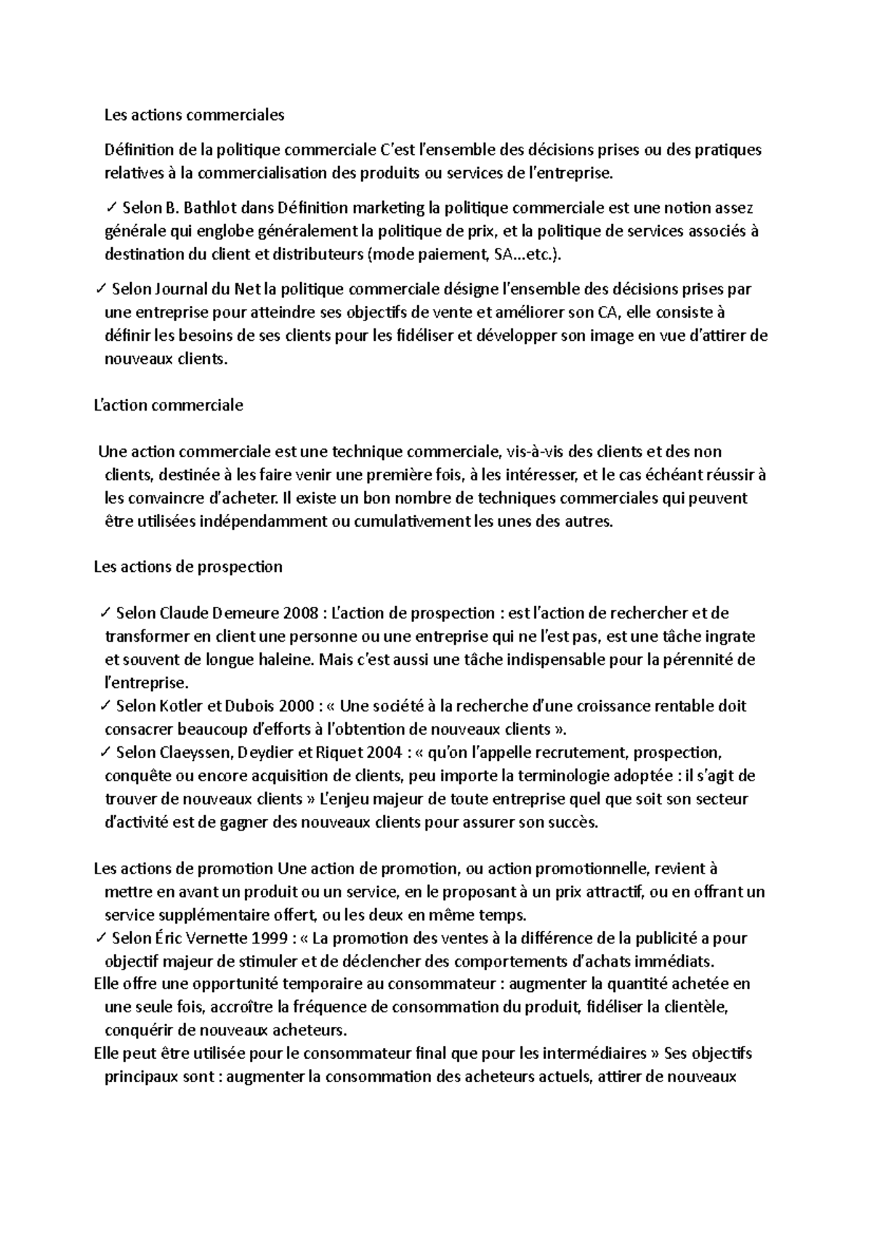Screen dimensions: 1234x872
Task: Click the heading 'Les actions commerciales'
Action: pos(195,115)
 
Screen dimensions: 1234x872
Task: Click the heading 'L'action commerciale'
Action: pos(169,406)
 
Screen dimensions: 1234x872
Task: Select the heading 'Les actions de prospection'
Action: pos(188,567)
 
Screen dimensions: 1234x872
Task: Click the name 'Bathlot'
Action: pos(210,209)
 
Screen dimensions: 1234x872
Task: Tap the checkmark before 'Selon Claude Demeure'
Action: pos(107,613)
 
